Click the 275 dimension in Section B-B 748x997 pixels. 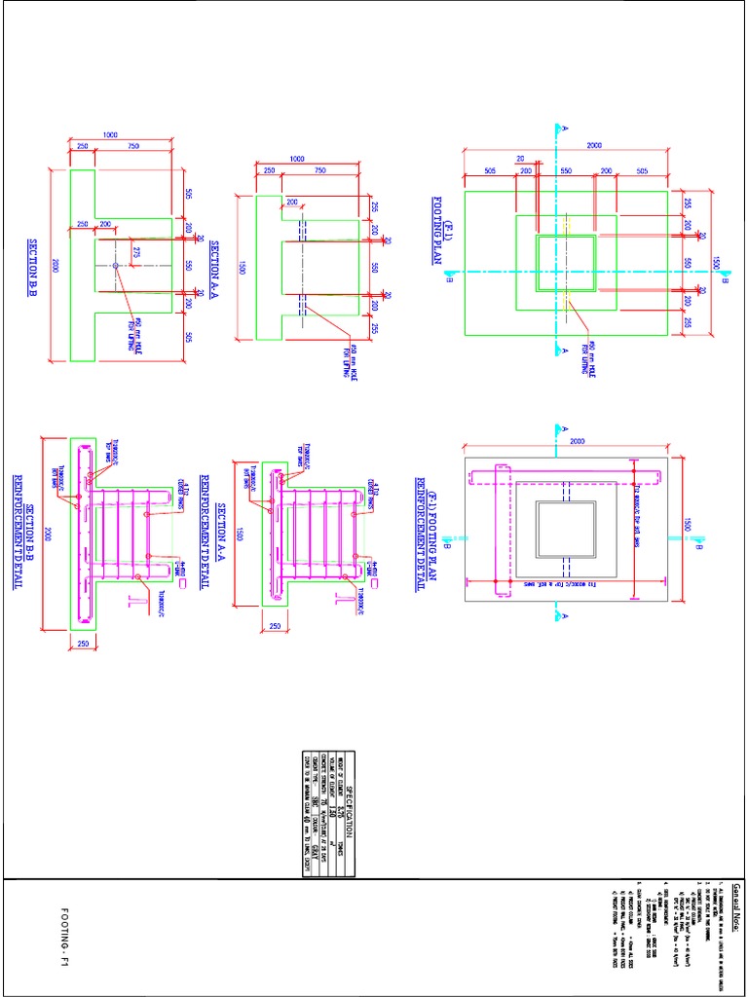point(136,253)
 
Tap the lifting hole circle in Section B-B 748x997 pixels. point(115,265)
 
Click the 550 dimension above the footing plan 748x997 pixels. point(565,170)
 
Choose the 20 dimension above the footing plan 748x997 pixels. point(521,158)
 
